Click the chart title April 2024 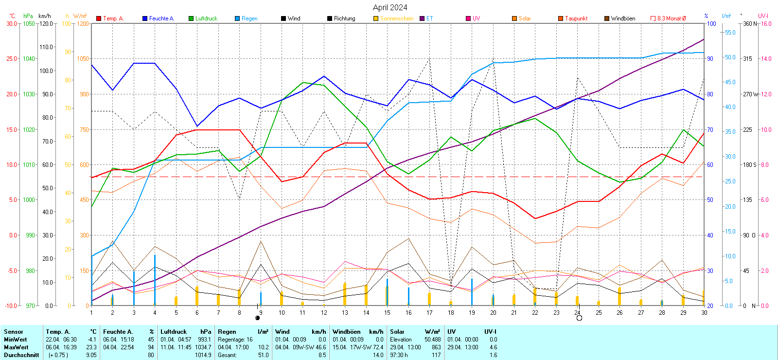pos(390,7)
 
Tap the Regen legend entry pos(249,18)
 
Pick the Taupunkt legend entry pos(576,18)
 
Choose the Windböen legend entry pos(622,18)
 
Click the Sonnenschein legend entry pos(396,18)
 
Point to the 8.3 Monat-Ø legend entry pos(671,18)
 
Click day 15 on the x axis pos(387,313)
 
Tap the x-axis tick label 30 pos(704,313)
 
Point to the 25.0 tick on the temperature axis pos(12,59)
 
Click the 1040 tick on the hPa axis pos(29,59)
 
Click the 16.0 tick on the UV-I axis pos(766,23)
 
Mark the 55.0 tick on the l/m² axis pos(730,33)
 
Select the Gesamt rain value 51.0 pos(263,355)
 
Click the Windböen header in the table pos(344,332)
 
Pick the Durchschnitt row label pos(21,355)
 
